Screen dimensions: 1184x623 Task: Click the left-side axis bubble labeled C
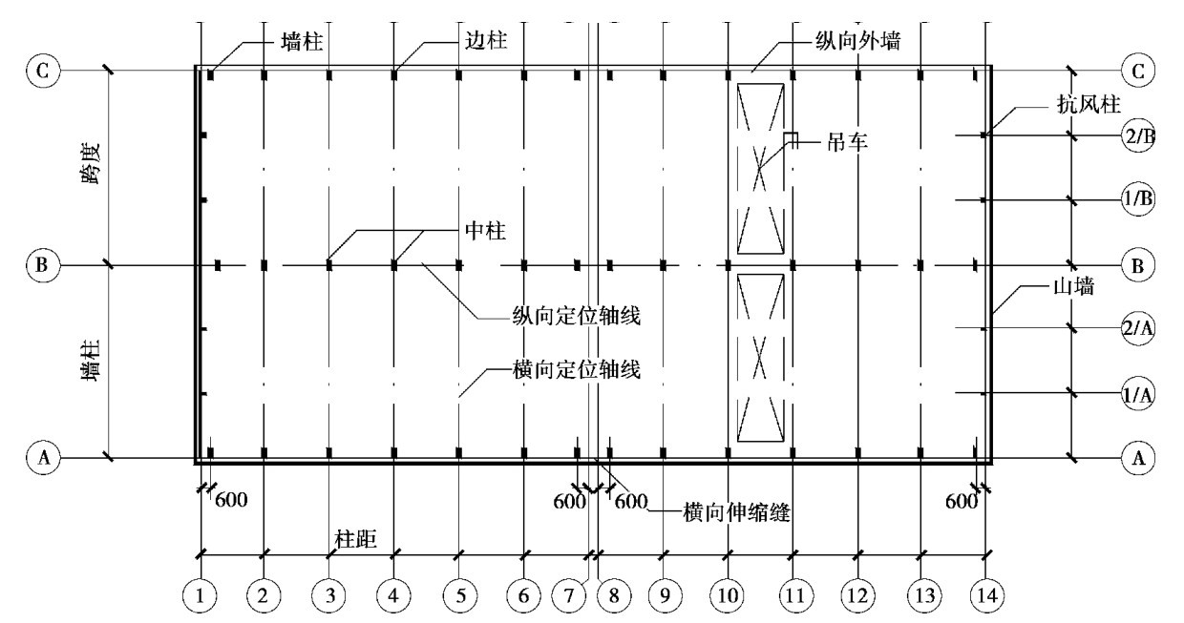click(x=42, y=70)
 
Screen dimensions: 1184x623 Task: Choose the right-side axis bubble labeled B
click(x=1136, y=264)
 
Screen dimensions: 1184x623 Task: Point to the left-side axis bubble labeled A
click(x=42, y=457)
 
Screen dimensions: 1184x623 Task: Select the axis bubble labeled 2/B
click(x=1138, y=135)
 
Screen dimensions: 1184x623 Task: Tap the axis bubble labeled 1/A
click(x=1138, y=392)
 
